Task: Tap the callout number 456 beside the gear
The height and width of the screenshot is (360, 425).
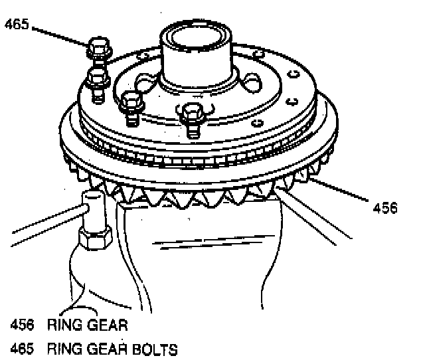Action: point(385,207)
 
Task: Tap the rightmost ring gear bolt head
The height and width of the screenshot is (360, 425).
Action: point(192,114)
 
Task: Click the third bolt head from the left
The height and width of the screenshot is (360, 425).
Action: point(133,102)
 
